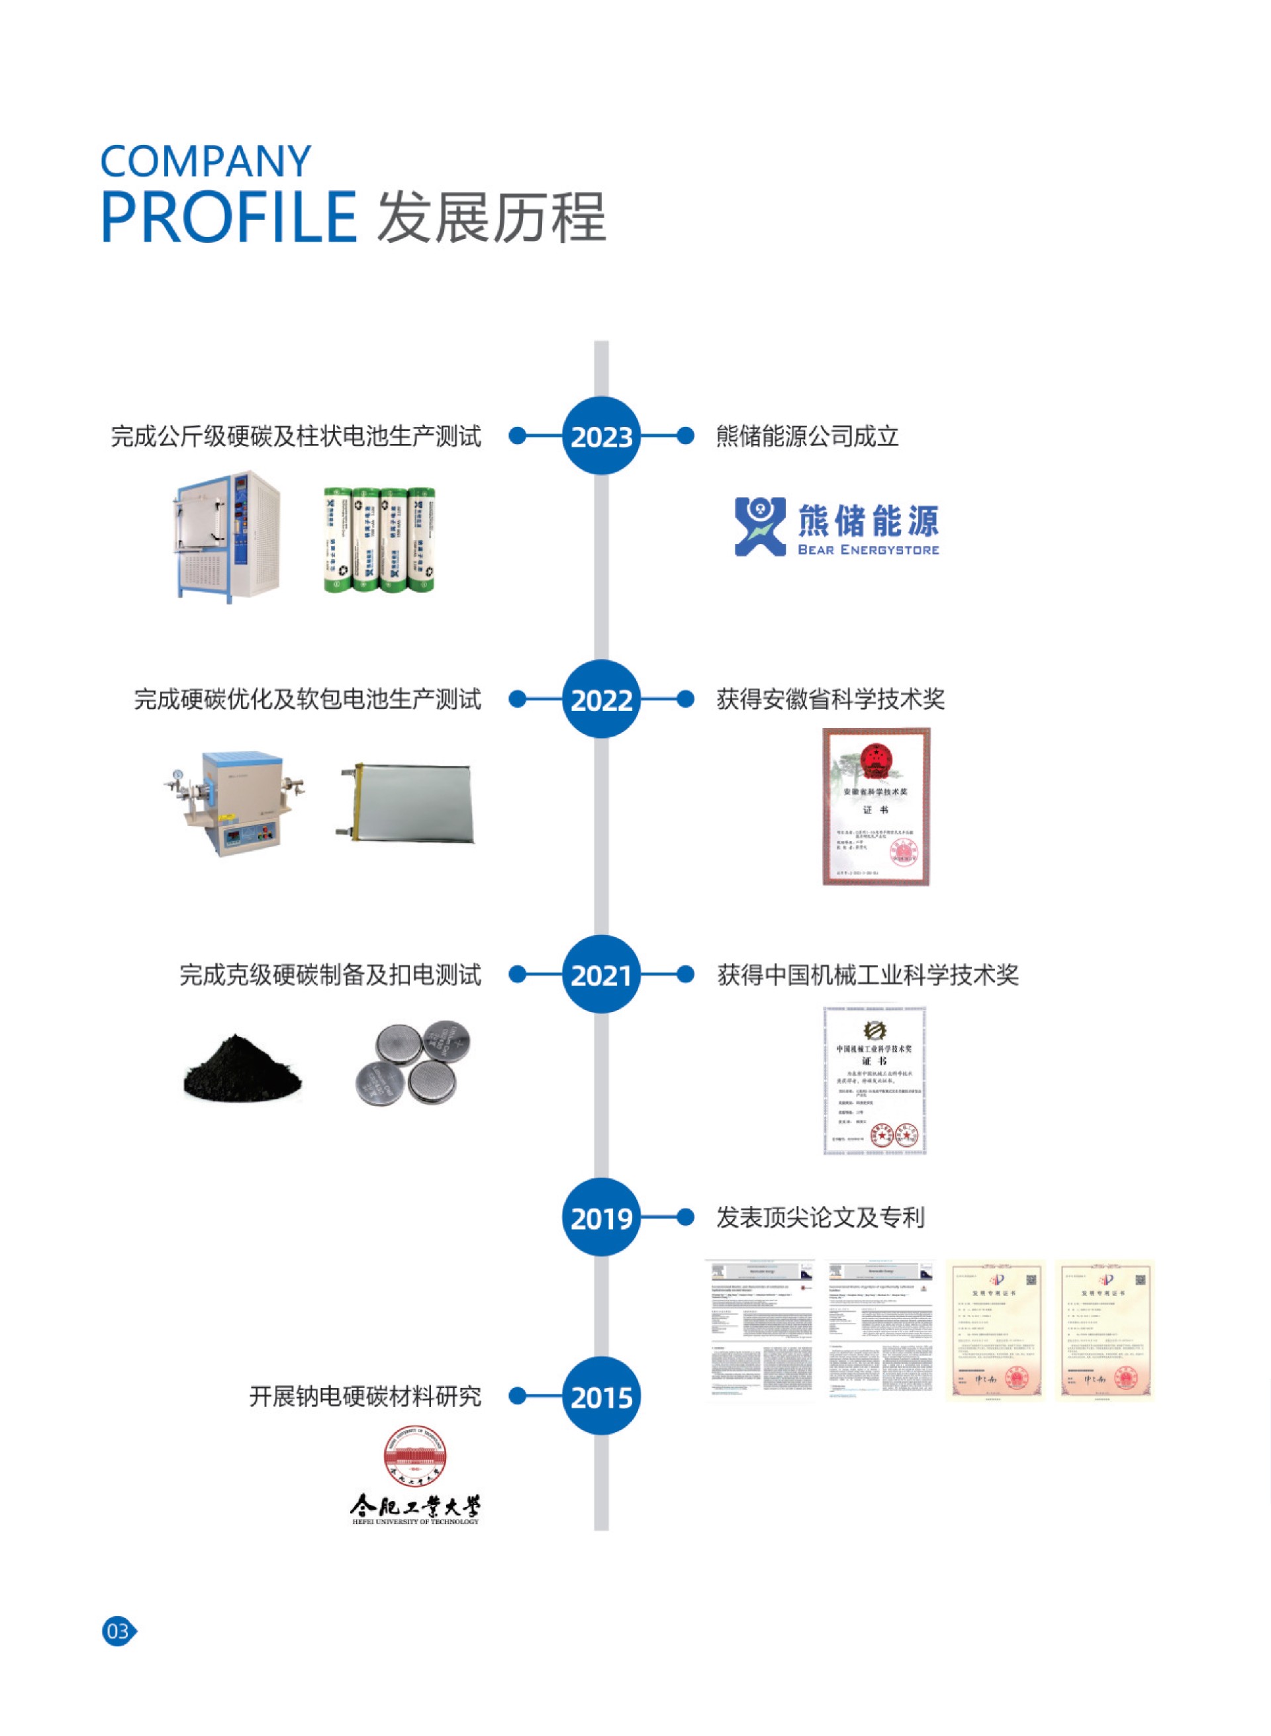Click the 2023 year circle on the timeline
(601, 436)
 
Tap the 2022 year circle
(601, 699)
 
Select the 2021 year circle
(601, 974)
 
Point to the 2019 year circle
(601, 1218)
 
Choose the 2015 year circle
(601, 1396)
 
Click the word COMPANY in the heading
(205, 161)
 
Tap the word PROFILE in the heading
(228, 218)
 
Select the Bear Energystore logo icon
(759, 526)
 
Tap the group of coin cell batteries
(413, 1064)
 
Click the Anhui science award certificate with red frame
(876, 806)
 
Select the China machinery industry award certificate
(874, 1080)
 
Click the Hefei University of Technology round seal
(416, 1456)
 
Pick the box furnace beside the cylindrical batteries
(226, 536)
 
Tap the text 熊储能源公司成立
(806, 436)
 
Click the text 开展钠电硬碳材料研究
(365, 1396)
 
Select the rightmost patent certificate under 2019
(1104, 1330)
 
